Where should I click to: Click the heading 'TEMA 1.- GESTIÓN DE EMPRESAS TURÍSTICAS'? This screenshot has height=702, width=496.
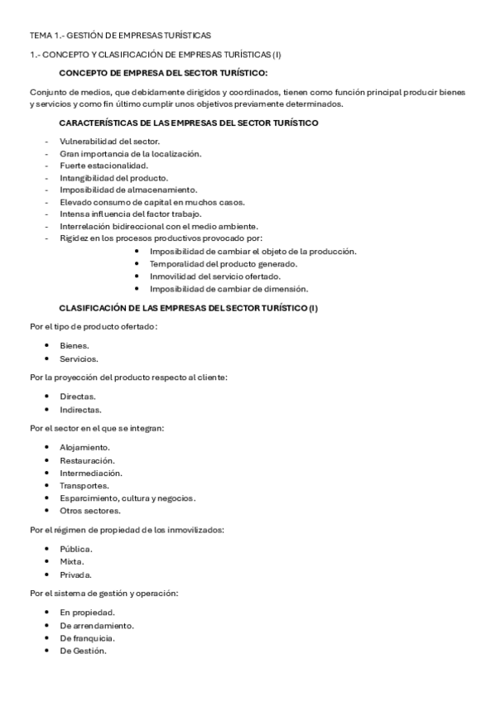click(120, 36)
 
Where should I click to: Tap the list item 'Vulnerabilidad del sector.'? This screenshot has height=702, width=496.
click(109, 142)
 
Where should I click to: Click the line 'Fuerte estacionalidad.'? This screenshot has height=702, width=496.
click(104, 166)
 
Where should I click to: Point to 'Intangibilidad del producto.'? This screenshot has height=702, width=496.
click(113, 177)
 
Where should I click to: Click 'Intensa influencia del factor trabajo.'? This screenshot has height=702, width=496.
click(130, 214)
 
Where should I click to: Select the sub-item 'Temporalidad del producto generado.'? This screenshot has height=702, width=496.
click(223, 264)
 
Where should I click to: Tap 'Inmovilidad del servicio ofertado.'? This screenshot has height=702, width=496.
click(215, 276)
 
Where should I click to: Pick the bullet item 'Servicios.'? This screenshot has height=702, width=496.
click(79, 358)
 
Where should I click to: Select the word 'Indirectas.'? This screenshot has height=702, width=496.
click(80, 409)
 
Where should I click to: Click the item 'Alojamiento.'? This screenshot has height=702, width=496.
click(84, 447)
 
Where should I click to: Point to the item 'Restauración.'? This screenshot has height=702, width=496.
click(87, 460)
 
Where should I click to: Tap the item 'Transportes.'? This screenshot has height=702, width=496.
click(84, 485)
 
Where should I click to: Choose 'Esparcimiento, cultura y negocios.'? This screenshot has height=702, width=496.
click(128, 498)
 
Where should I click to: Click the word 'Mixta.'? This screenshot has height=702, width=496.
click(71, 561)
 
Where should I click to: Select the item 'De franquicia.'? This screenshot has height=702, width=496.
click(87, 637)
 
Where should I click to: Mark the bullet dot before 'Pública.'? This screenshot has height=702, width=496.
click(49, 549)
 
